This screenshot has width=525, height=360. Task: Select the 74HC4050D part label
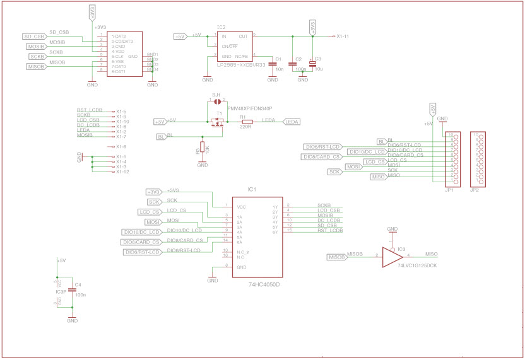264,284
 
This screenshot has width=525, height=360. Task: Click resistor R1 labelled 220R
247,122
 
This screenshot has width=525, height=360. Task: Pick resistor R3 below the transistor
203,150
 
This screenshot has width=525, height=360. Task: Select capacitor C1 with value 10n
273,63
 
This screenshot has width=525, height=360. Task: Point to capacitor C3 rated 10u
312,63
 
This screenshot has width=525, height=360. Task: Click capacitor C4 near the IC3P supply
72,289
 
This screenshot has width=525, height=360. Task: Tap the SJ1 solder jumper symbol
216,100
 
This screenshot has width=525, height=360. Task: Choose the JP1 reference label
449,189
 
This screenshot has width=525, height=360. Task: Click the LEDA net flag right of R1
292,122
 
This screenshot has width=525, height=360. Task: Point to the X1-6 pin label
121,146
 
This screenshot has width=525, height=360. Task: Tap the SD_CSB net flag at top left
35,37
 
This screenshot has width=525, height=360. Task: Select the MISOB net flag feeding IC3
337,257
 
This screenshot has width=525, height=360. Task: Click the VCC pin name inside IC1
242,207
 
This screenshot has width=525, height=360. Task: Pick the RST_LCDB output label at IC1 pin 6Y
330,231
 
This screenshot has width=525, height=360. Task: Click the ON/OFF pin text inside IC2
229,46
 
